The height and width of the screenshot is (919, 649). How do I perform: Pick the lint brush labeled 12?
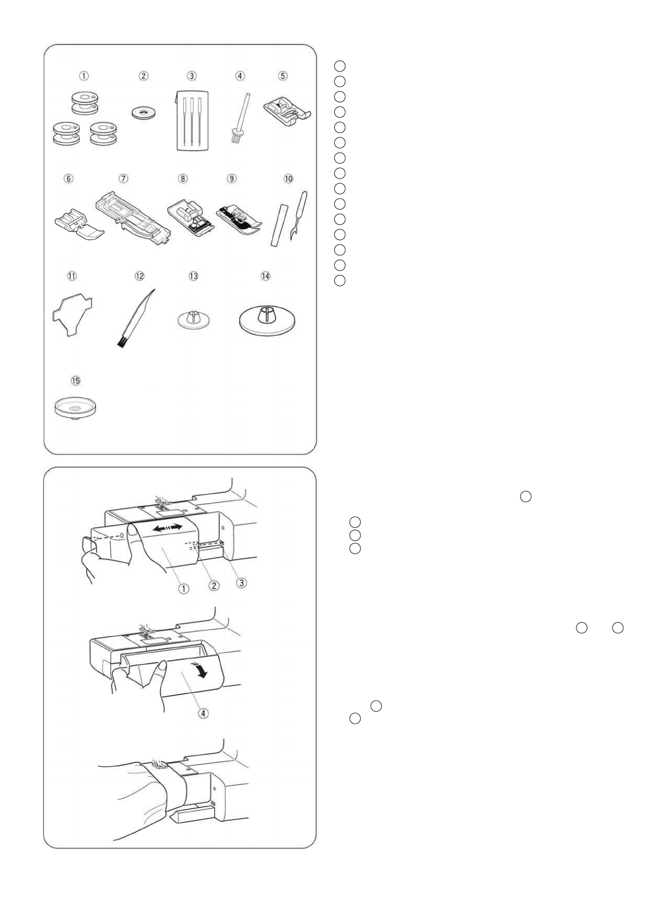pyautogui.click(x=135, y=319)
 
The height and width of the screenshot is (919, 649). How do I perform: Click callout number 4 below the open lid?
pyautogui.click(x=203, y=713)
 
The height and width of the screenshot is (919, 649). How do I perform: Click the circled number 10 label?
pyautogui.click(x=289, y=178)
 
